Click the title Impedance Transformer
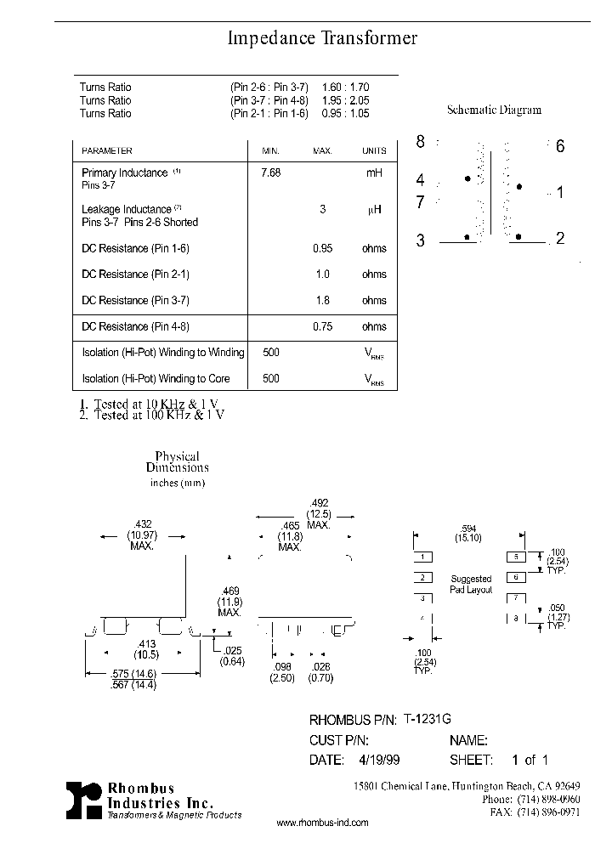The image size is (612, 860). [322, 38]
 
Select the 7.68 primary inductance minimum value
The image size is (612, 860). [270, 173]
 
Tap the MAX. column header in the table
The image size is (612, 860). [322, 150]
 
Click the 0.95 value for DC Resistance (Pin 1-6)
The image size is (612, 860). [322, 249]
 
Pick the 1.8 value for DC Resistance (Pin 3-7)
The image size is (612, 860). [322, 301]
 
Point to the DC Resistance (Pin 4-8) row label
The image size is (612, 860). [135, 326]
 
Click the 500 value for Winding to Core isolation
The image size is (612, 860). [270, 378]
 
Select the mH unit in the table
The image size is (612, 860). [374, 173]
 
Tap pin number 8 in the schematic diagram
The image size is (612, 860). [420, 142]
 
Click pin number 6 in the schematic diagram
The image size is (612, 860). [560, 146]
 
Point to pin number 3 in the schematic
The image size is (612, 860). [420, 240]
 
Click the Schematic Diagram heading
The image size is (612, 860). [494, 110]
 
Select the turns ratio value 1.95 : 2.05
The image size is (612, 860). [346, 100]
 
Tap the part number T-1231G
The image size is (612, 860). [428, 719]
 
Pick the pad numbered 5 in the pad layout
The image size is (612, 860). [517, 557]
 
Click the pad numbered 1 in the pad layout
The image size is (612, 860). [422, 557]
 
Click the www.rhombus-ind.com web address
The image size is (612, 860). [323, 823]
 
